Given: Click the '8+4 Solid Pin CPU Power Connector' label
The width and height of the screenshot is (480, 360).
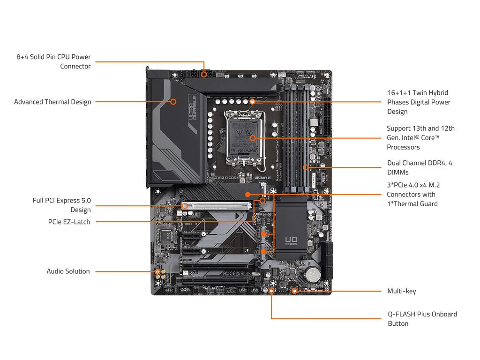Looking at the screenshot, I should [53, 61].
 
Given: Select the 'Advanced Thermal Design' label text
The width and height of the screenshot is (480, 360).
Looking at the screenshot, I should [52, 102].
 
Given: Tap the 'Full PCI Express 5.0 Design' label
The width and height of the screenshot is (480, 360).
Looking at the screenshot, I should [62, 205].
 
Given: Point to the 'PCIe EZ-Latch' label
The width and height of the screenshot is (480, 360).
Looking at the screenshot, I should [69, 222].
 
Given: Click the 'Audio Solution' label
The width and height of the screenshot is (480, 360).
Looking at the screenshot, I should [68, 271].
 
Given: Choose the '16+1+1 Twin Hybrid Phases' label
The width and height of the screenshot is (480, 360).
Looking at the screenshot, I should [419, 102].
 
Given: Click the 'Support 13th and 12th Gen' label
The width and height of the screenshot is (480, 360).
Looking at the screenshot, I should [420, 137].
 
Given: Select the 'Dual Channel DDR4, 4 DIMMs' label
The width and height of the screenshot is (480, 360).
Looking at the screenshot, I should [420, 167].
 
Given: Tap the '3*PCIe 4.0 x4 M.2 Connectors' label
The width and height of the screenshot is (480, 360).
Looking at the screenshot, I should [413, 194].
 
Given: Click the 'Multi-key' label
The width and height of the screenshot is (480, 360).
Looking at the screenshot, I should [401, 291].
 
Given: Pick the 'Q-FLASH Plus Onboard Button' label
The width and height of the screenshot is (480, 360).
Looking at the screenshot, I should [422, 319].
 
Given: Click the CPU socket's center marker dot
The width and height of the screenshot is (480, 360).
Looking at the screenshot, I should [253, 138].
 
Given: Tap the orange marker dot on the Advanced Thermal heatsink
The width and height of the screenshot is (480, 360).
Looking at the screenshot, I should [173, 101].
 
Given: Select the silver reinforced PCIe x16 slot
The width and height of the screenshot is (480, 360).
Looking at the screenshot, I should [218, 205].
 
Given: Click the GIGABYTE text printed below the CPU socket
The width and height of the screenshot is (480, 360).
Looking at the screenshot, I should [262, 178].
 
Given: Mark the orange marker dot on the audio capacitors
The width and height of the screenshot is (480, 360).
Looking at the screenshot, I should [158, 271].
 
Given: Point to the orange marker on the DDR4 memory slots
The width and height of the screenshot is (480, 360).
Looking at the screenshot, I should [306, 167].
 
